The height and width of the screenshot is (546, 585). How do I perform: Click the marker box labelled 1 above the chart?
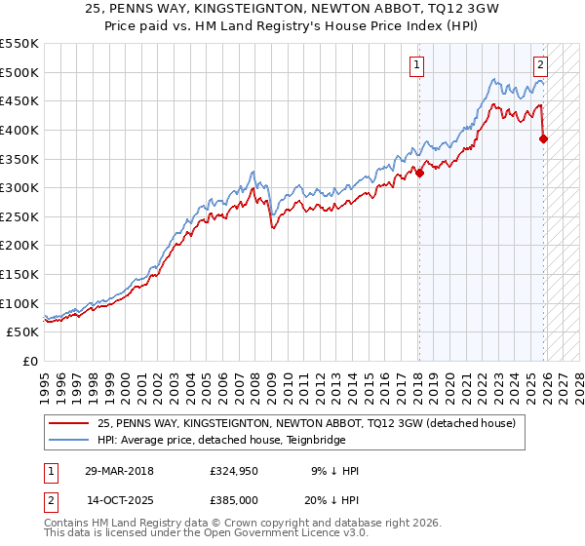pos(416,65)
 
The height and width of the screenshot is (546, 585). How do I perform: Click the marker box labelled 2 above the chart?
pos(540,65)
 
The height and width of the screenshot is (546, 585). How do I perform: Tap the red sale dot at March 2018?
pos(419,174)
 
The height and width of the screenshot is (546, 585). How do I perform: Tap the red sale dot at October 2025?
pos(544,138)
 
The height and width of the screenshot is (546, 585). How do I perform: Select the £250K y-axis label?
pos(19,216)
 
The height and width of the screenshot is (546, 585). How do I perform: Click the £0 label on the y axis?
pos(30,361)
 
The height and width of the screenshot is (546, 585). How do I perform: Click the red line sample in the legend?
pos(68,423)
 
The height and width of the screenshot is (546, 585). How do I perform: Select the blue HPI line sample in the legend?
pos(68,440)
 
